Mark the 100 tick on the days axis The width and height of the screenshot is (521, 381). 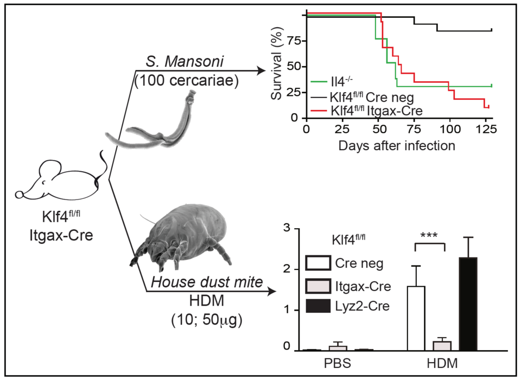coord(449,130)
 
